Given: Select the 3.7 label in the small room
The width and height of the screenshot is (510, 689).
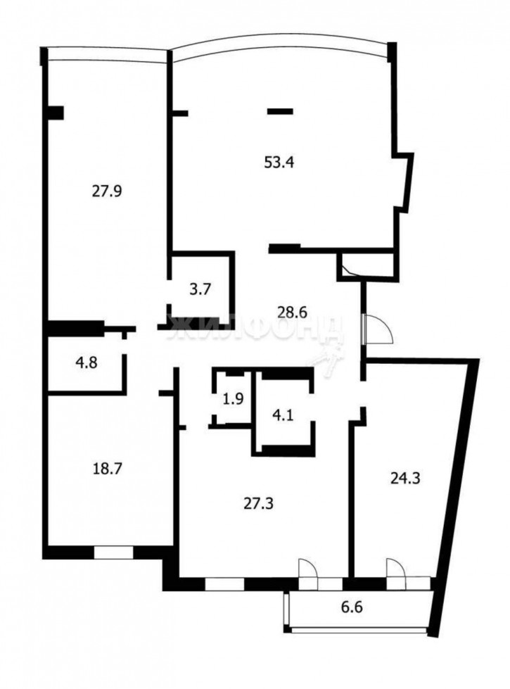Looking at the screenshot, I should [200, 287].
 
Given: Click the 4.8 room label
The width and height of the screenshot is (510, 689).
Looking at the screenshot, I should [87, 363].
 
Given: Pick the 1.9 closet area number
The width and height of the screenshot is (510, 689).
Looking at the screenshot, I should [234, 398].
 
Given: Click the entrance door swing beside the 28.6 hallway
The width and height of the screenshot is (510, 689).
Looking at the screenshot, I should [378, 329].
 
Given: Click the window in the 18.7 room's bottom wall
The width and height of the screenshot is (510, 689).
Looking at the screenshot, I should [114, 552].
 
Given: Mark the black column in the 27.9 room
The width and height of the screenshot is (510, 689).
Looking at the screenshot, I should [56, 113].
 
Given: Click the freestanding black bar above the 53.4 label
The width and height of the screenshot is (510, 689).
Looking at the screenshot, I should [280, 110].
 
